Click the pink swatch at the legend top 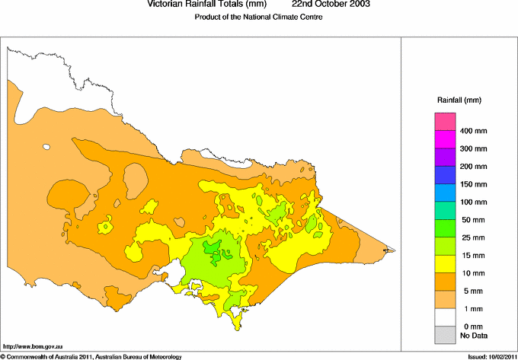coord(445,122)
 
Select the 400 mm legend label coord(474,132)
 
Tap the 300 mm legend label coord(474,149)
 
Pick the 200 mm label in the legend coord(474,167)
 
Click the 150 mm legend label coord(474,184)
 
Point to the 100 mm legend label coord(474,202)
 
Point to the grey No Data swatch coord(445,334)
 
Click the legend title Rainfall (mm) coord(459,100)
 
